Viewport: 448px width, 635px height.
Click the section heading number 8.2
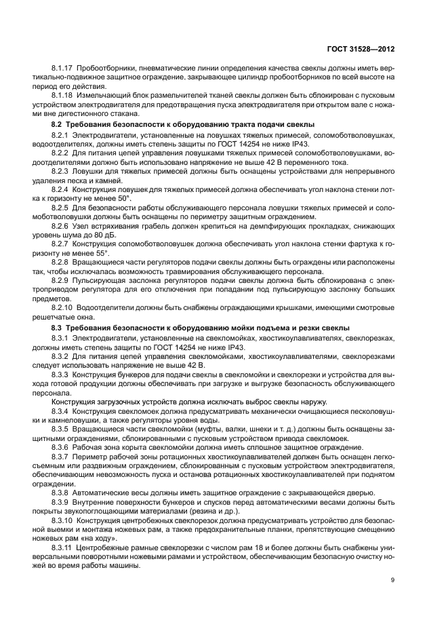click(x=58, y=125)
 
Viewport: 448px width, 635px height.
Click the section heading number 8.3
click(x=58, y=328)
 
